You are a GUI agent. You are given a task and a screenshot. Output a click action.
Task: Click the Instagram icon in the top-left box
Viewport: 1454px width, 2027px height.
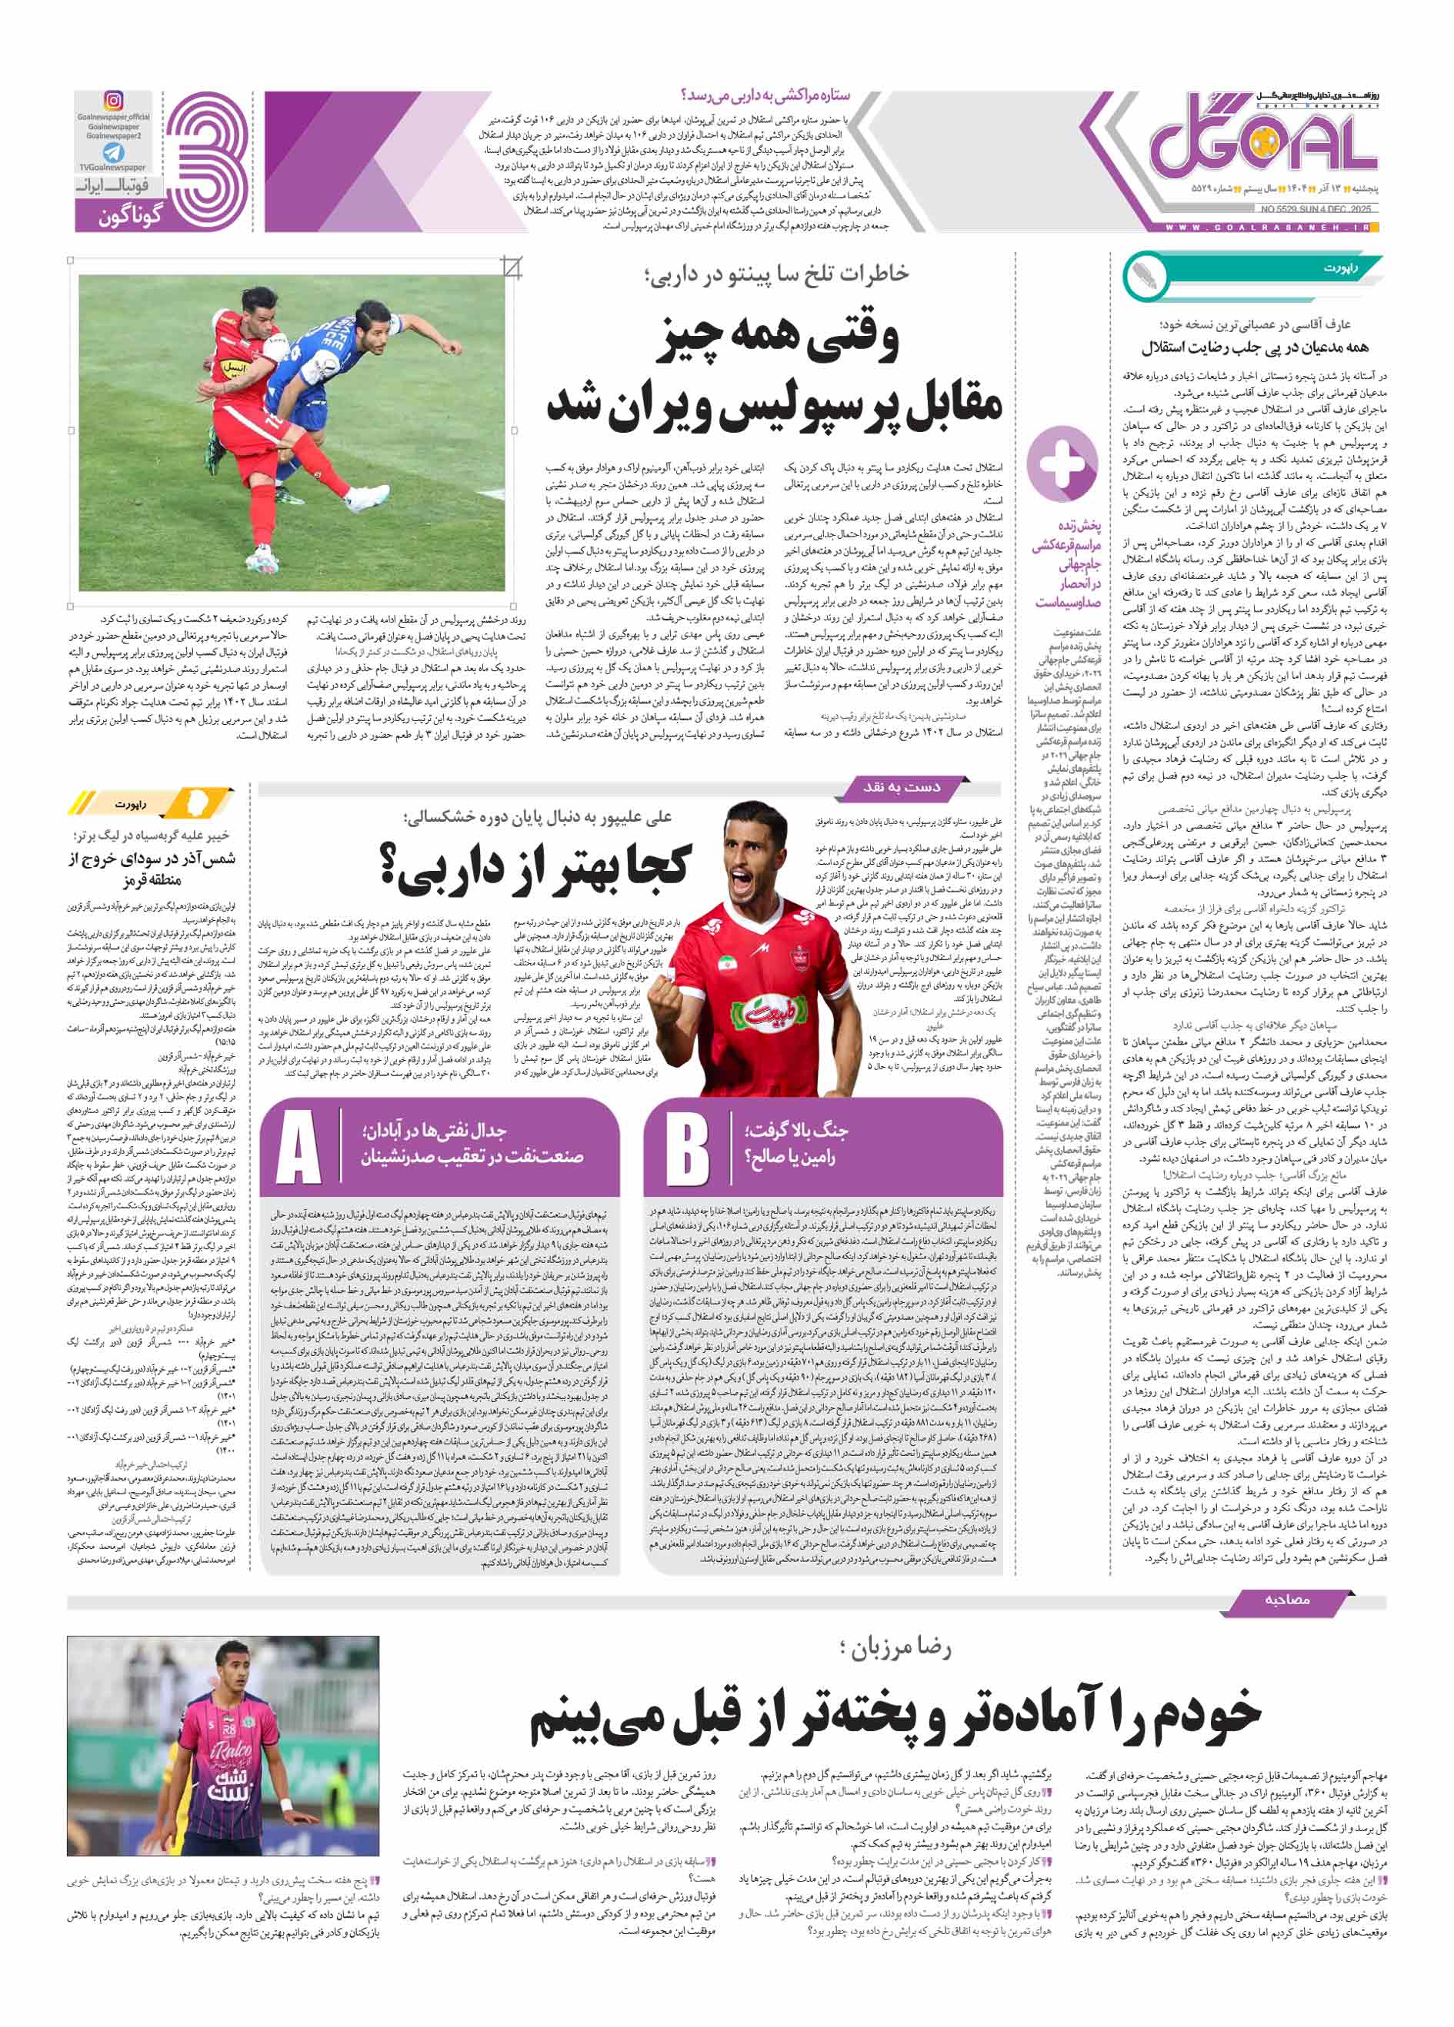tap(114, 100)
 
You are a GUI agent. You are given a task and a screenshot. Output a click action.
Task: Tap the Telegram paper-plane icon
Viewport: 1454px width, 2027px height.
tap(114, 152)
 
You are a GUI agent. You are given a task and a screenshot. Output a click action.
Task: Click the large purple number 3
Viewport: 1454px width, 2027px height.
tap(208, 161)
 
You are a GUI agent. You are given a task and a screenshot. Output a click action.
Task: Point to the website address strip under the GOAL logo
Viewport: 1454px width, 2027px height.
tap(1270, 228)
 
